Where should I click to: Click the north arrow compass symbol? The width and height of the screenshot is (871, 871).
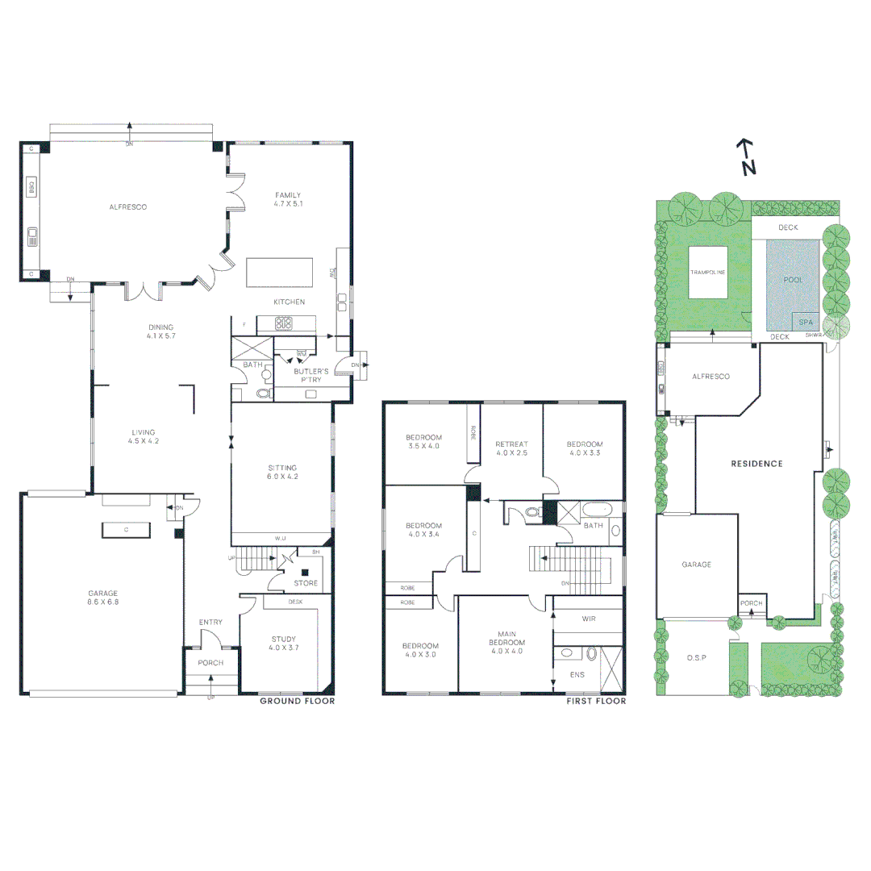tap(746, 157)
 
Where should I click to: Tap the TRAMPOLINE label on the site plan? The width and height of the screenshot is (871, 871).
tap(707, 273)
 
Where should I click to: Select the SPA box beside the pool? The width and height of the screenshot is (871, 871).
tap(805, 322)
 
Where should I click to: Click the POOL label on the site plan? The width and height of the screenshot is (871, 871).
tap(793, 279)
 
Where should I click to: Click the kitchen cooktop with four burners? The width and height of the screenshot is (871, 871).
tap(285, 323)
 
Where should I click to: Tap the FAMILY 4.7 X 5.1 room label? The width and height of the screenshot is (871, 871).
tap(287, 199)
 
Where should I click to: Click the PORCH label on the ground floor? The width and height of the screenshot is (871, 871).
tap(210, 663)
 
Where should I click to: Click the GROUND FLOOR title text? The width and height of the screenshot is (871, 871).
tap(297, 702)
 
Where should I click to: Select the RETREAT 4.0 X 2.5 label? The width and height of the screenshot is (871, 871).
tap(512, 448)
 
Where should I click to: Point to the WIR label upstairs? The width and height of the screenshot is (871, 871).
tap(588, 619)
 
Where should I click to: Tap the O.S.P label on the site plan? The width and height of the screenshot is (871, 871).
tap(696, 658)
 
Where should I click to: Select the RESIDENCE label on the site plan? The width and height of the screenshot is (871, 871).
tap(756, 464)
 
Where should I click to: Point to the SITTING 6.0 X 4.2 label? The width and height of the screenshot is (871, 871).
tap(282, 472)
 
